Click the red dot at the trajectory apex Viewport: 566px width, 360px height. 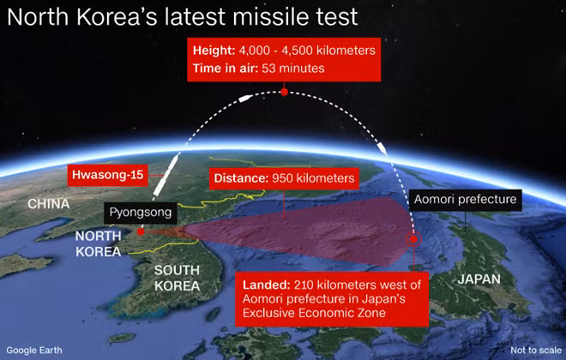pos(285,93)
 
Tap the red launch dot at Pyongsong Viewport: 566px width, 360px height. pos(141,232)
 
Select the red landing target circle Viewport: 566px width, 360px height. pos(413,239)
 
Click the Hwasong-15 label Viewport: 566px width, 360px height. pos(107,176)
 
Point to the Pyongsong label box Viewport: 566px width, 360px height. pos(141,213)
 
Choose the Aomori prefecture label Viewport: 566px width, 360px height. pos(466,200)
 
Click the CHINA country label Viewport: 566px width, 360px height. pos(49,204)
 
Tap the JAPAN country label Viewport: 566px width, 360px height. pos(479,279)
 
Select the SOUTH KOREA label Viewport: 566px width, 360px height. pos(177,278)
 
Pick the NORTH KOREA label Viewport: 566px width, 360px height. pos(98,243)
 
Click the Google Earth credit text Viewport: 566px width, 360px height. pos(34,351)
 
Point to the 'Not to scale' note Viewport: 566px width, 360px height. pos(536,351)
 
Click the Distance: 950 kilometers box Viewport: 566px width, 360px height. pos(284,178)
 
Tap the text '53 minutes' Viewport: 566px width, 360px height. pos(293,69)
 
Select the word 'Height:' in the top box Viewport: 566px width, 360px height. pos(214,50)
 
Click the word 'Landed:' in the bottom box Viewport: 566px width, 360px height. pos(267,285)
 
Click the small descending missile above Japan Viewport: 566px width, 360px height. pos(382,147)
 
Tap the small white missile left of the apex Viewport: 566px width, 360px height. pos(245,98)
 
